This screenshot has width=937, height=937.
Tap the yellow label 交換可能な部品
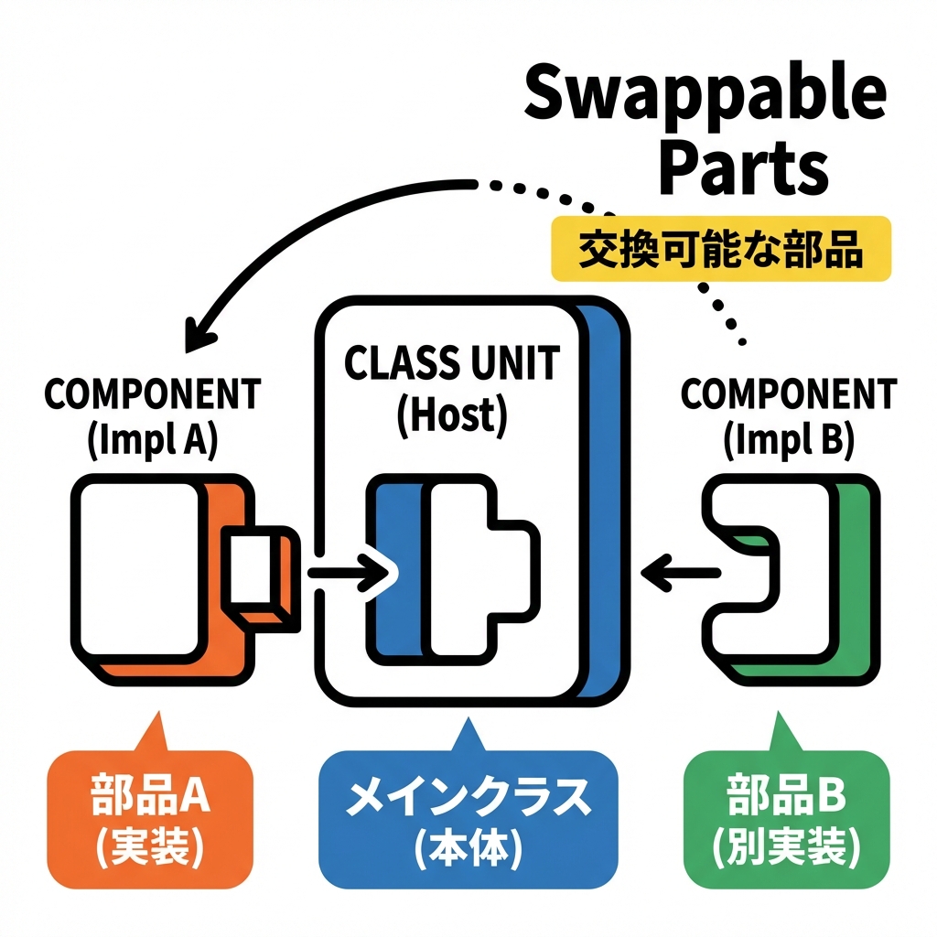720,249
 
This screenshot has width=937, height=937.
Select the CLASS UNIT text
451,364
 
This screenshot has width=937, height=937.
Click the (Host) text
451,415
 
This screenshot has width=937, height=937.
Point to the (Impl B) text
789,440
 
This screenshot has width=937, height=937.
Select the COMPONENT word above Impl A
152,395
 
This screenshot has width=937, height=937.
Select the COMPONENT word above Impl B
789,395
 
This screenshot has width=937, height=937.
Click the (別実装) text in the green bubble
787,850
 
